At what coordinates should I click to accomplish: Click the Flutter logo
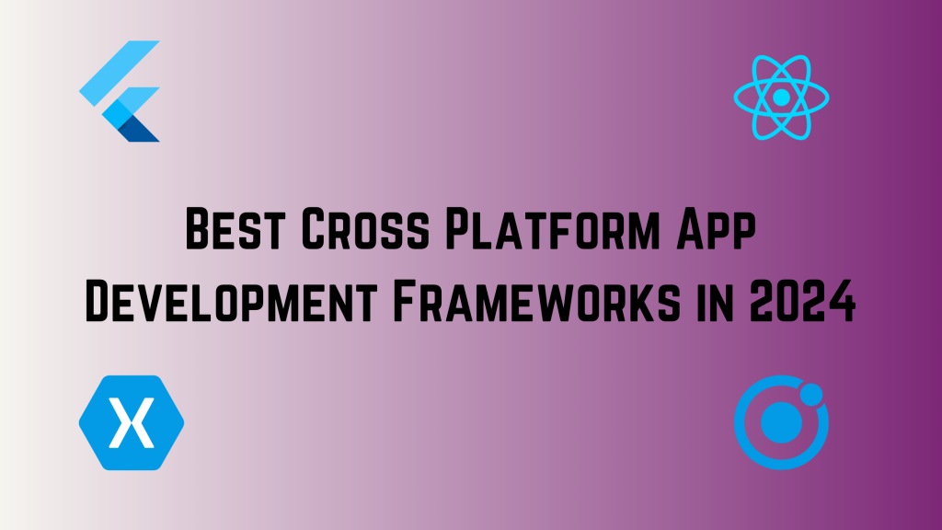point(121,92)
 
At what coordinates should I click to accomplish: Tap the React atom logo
point(782,96)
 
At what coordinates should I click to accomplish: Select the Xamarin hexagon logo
point(132,422)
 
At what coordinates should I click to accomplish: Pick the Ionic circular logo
point(782,422)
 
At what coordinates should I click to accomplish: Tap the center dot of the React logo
point(782,96)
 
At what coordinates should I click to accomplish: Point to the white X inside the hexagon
point(131,422)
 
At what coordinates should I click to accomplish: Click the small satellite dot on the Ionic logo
point(811,396)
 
